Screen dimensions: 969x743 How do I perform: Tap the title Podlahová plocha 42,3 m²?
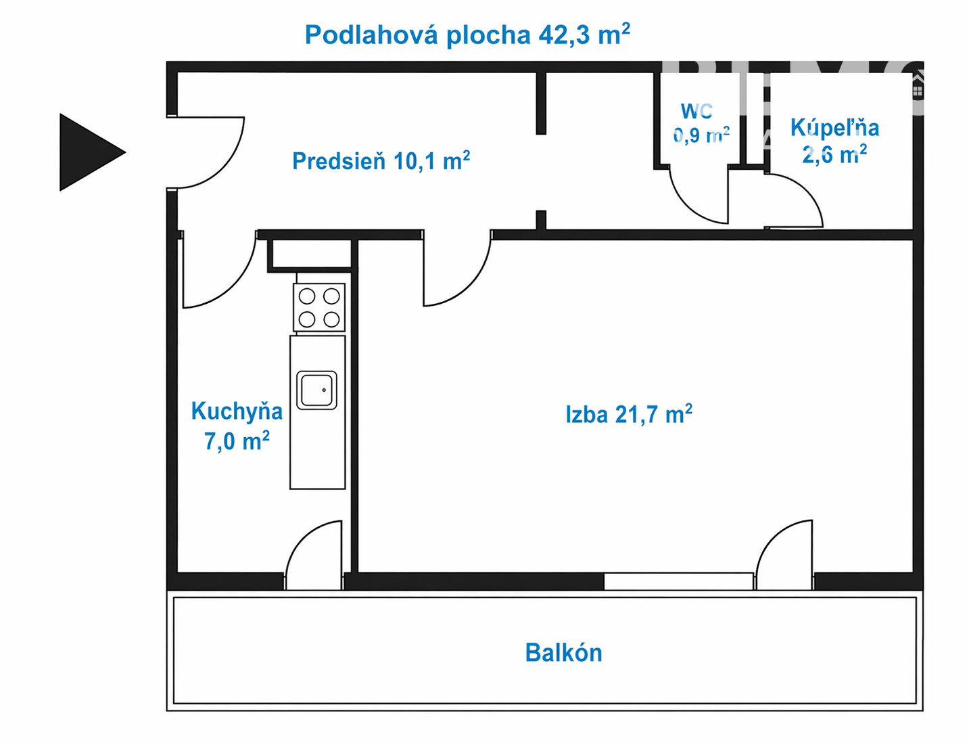point(467,35)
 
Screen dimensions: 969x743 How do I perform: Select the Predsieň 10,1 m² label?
point(381,160)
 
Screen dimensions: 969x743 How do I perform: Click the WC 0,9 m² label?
point(701,123)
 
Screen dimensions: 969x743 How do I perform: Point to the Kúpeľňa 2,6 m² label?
point(835,141)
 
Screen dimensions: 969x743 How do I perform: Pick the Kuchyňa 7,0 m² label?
point(237,426)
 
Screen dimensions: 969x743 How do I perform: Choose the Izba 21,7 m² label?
point(629,414)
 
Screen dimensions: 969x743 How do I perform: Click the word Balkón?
point(564,653)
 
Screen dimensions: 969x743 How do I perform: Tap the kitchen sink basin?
point(316,390)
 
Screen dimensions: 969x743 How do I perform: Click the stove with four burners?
point(319,307)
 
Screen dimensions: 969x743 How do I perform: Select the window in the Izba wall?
point(679,581)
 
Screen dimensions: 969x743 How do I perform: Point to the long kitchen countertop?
point(318,412)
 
